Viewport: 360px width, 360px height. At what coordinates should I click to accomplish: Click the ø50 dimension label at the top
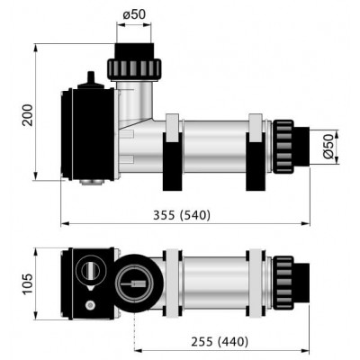tap(134, 14)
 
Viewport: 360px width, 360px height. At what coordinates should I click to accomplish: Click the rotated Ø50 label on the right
tap(328, 147)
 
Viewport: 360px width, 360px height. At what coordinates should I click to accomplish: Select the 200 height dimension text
tap(28, 115)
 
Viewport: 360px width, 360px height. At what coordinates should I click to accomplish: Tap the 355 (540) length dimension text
tap(182, 215)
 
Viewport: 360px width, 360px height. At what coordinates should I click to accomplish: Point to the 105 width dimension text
tap(28, 283)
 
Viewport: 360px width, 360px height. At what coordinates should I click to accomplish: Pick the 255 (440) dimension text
tap(220, 342)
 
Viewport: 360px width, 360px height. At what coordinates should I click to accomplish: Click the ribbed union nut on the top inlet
tap(134, 69)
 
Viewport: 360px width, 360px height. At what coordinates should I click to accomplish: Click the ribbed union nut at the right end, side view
tap(283, 147)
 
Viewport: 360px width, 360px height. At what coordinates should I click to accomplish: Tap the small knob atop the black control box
tap(91, 77)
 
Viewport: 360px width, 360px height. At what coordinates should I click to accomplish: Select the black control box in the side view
tap(87, 134)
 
